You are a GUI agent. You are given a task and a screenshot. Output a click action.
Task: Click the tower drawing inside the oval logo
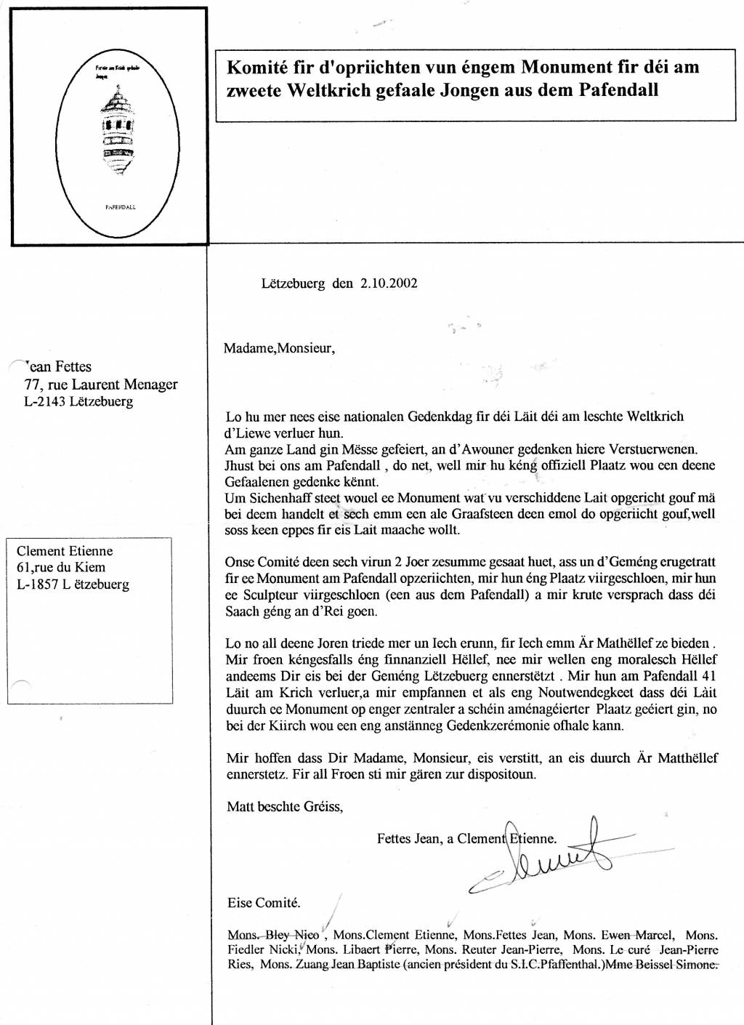118,131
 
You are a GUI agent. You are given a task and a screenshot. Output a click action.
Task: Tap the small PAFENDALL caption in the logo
121,207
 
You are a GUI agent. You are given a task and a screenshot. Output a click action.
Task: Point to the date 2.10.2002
389,284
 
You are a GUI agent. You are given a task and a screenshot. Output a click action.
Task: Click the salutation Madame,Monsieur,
279,347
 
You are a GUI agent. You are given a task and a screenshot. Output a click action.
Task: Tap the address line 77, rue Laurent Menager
101,385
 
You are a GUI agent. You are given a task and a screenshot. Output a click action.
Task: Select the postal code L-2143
45,401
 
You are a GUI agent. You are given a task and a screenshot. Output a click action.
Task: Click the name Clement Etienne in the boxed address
65,551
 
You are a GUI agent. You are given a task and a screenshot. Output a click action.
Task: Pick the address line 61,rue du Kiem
61,567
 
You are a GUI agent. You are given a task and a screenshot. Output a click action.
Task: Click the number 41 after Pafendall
708,676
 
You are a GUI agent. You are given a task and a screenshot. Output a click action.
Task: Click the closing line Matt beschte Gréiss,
285,806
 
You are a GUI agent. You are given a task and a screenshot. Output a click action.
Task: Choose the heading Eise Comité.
264,903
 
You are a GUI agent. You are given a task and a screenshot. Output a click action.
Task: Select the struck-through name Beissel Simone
676,965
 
